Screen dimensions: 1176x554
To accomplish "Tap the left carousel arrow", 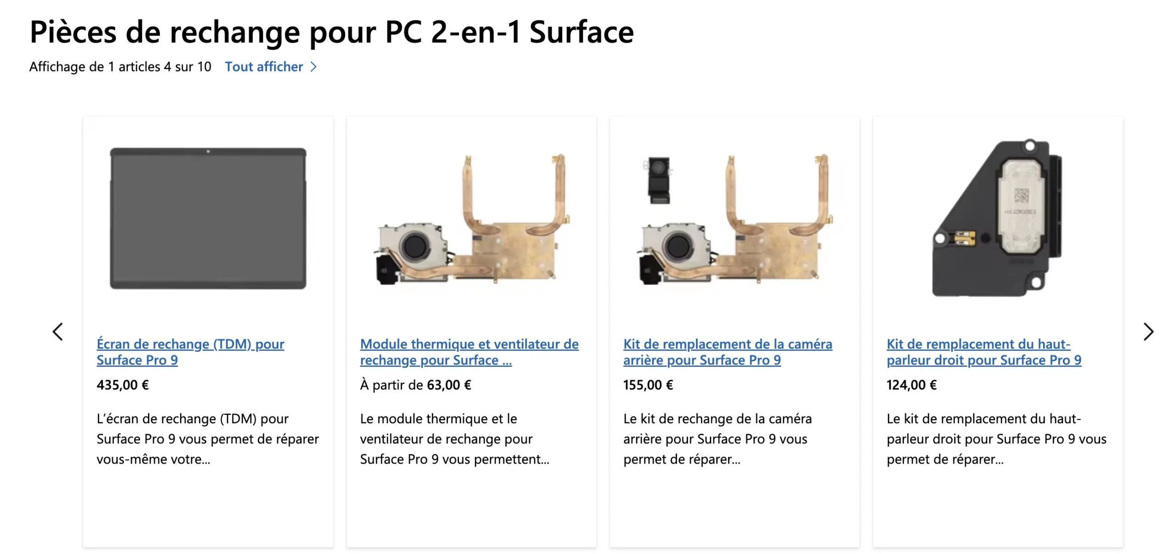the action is [57, 331].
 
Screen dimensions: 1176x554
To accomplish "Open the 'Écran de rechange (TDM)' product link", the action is [190, 352].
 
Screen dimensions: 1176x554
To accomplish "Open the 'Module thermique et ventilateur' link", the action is [469, 352].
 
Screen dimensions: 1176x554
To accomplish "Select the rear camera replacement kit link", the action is [728, 352].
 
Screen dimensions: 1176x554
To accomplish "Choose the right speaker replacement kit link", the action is [984, 352].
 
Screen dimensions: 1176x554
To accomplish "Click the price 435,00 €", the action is [123, 385].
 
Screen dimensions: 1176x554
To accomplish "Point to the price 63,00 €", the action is [449, 385].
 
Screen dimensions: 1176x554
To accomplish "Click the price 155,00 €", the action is [648, 385].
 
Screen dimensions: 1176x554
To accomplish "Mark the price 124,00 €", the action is [911, 385].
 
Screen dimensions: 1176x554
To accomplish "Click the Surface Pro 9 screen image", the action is [208, 218].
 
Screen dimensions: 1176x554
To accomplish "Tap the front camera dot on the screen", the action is [208, 151].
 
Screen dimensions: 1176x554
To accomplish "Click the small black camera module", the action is [657, 180].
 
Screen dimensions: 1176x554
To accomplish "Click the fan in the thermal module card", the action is [415, 246].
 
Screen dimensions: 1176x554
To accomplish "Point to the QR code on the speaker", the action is [1021, 195].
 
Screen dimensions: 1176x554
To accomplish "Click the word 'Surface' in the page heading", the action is [582, 32].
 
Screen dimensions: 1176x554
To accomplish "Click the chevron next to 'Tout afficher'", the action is [314, 67].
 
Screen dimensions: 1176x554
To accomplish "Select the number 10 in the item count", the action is [204, 67].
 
